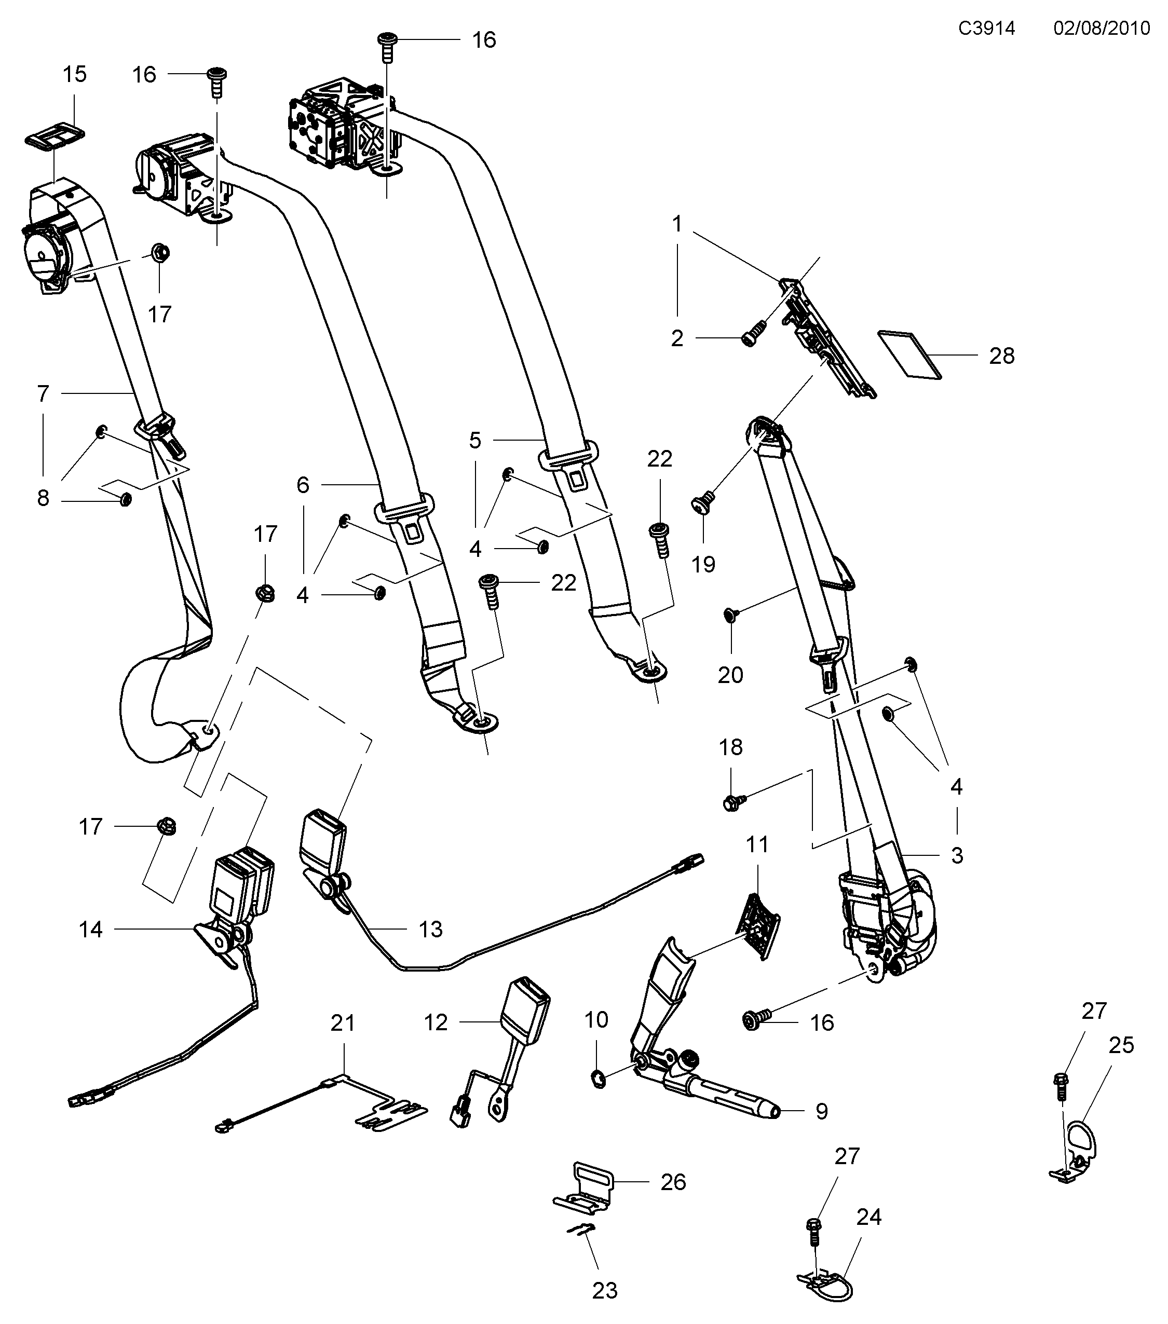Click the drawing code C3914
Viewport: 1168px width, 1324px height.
[987, 29]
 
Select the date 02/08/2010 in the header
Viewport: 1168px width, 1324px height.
[1101, 29]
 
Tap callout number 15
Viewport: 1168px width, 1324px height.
[74, 75]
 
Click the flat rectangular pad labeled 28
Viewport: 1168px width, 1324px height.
[909, 354]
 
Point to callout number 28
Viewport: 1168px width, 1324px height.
[1001, 356]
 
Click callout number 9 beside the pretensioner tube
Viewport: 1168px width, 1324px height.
[821, 1112]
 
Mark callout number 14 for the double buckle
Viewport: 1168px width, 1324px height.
[91, 930]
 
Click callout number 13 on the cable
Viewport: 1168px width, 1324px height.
[430, 930]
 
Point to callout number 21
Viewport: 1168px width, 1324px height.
[343, 1023]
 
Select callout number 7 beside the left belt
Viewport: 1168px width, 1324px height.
[43, 393]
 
